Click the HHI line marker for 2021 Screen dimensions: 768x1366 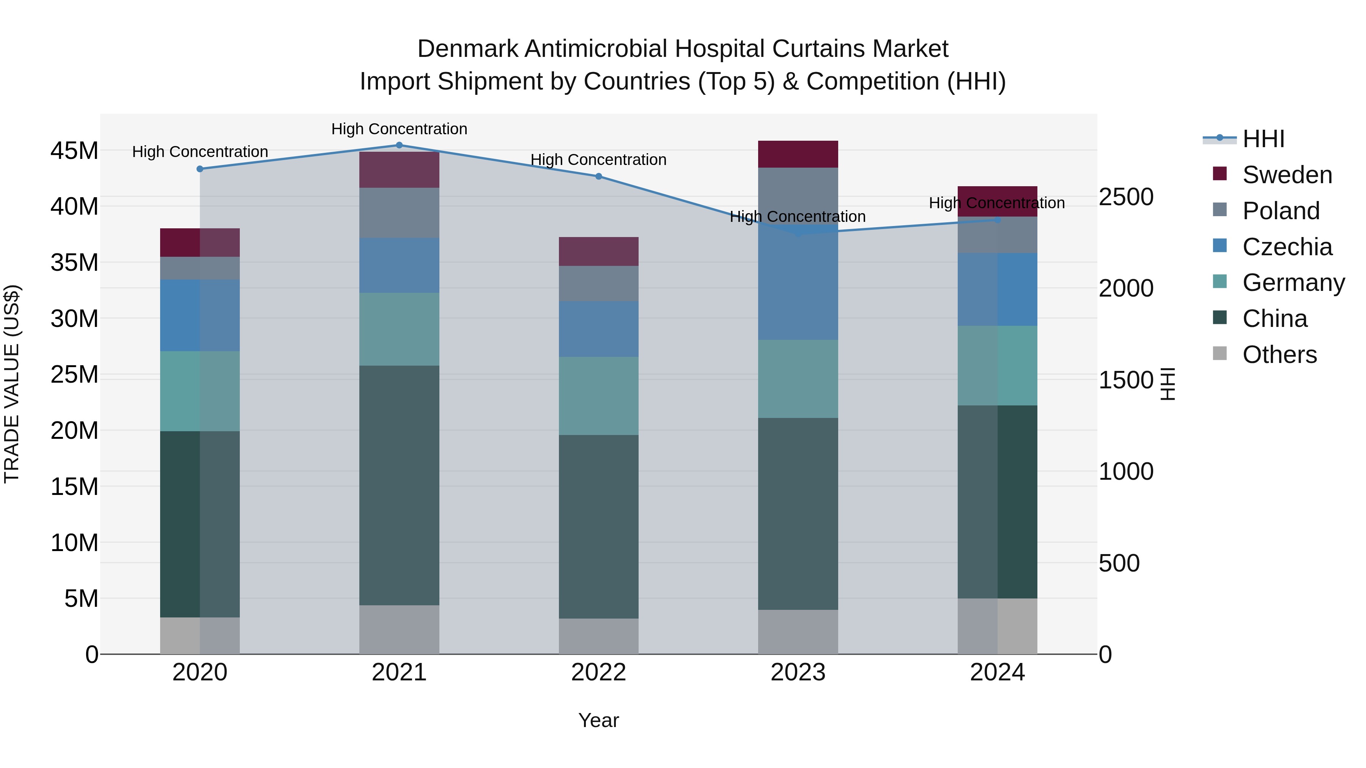click(x=399, y=145)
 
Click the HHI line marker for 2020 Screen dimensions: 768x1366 click(x=200, y=169)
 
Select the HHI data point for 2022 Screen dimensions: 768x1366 click(x=599, y=176)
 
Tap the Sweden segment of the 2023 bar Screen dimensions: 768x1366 click(x=798, y=154)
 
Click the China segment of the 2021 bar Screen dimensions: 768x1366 click(x=399, y=485)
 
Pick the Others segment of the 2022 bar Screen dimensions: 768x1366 click(x=599, y=636)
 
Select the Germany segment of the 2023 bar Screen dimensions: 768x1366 click(x=798, y=379)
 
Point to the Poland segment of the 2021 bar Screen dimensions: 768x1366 click(x=399, y=212)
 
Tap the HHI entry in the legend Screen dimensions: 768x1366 click(x=1263, y=139)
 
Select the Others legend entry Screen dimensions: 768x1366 click(x=1279, y=355)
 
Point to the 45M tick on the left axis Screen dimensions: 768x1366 click(x=74, y=151)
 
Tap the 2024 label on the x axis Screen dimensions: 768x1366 click(x=997, y=672)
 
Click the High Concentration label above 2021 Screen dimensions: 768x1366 click(x=399, y=129)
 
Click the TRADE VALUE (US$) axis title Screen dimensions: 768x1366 click(x=12, y=384)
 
